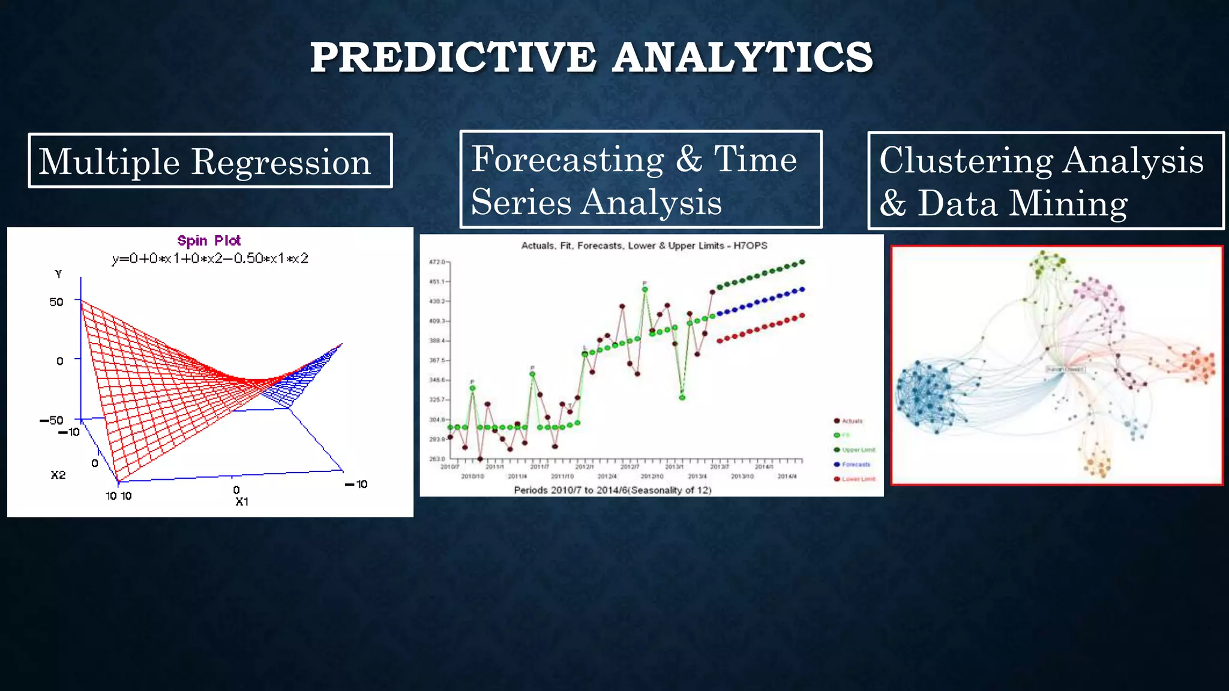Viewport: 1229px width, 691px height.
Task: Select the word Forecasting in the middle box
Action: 567,159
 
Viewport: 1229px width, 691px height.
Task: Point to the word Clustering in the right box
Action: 966,161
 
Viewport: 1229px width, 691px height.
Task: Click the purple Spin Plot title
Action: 209,241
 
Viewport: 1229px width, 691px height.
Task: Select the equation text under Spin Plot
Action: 210,259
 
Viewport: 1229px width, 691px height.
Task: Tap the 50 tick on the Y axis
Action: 56,302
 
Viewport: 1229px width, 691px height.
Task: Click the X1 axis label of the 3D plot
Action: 241,501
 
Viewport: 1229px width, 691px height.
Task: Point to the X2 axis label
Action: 58,475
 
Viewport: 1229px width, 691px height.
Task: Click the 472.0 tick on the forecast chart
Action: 436,262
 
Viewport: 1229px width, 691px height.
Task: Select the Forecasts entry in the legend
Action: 855,464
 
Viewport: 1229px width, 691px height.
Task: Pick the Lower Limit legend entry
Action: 858,479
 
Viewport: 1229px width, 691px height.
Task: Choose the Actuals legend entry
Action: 852,421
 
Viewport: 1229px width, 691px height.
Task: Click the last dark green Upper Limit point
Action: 802,262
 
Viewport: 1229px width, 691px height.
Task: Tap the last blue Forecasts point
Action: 802,290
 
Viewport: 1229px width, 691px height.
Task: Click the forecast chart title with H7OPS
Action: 644,245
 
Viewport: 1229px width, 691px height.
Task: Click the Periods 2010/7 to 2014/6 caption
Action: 612,490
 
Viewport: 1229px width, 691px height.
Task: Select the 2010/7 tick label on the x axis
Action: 449,467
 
